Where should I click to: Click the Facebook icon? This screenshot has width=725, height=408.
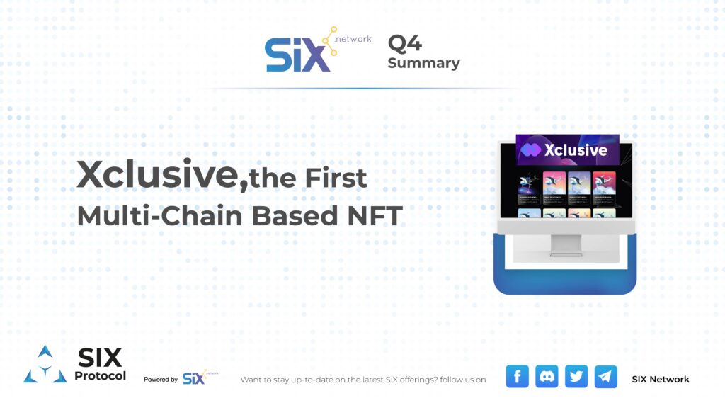click(x=518, y=376)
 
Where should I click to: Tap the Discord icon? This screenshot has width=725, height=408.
click(x=547, y=376)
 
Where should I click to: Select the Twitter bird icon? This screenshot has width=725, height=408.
click(x=576, y=376)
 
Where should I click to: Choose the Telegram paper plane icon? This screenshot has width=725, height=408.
click(x=605, y=376)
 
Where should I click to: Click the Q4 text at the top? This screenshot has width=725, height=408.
click(x=405, y=43)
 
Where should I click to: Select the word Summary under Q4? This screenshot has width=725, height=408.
click(x=423, y=63)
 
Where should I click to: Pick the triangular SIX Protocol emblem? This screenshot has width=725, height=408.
click(x=45, y=365)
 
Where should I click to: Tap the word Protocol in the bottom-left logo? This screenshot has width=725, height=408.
click(x=100, y=375)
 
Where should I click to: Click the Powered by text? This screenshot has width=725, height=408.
click(x=161, y=380)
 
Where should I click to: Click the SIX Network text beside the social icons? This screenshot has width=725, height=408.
click(x=660, y=379)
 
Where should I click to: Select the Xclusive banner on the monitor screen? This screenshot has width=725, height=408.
click(x=567, y=150)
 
